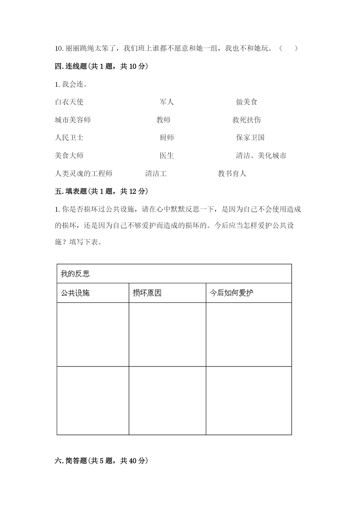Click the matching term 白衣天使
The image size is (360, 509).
69,102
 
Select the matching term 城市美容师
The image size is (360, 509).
73,120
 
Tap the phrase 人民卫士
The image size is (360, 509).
69,137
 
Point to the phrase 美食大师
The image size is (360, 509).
69,155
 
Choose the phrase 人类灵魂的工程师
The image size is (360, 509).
84,173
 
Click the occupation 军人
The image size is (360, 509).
167,102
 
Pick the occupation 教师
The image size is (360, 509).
163,120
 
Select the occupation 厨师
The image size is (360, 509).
167,137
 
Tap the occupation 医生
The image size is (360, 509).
167,155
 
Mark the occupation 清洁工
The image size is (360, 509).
156,173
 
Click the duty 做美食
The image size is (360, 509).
247,102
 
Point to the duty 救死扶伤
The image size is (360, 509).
247,120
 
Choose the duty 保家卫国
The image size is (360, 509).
250,137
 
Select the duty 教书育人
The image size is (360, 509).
232,173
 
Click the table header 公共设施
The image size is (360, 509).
75,293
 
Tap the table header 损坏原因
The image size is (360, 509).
147,293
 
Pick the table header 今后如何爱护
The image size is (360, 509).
231,293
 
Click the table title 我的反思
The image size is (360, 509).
75,273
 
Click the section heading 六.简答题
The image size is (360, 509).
101,461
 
